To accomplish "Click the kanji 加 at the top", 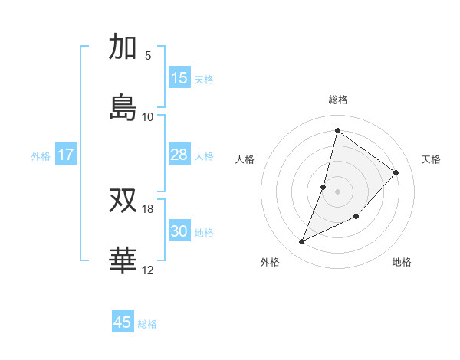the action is pos(123,47).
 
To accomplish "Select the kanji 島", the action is pos(123,107).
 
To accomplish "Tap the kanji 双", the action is pos(123,201).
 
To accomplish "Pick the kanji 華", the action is pos(123,260).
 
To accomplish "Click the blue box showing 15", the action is pos(179,78).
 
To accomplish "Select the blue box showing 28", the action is pos(179,155).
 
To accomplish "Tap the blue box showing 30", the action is pos(179,231).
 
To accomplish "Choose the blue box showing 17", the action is pos(66,155).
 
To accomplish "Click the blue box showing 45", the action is pos(123,322).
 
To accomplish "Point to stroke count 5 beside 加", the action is pos(148,56).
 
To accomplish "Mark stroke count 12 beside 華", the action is pos(148,270).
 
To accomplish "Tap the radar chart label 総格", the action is pos(338,100).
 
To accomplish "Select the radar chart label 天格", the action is pos(432,159).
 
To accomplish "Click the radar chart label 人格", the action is pos(245,159).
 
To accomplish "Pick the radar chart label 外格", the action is pos(270,262).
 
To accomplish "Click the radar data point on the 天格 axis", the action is pos(396,172).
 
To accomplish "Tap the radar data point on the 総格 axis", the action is pos(337,131).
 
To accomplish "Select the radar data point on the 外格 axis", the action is pos(301,242).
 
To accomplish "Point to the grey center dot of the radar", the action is pos(337,191).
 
